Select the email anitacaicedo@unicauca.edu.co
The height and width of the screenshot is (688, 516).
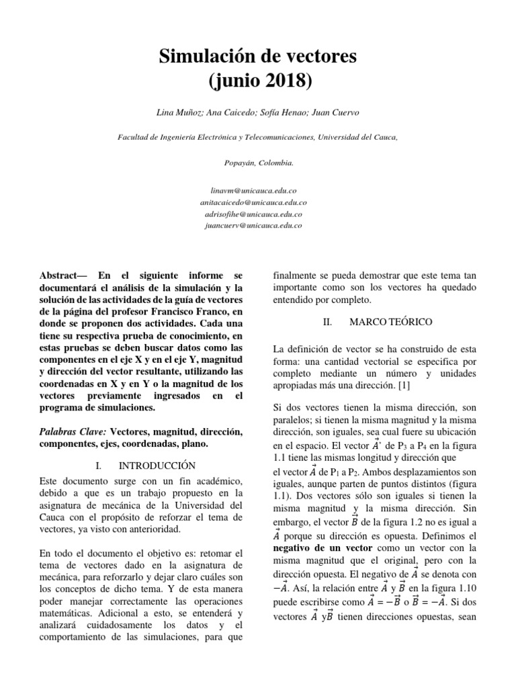258,202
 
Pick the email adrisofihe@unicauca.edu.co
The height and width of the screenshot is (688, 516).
258,214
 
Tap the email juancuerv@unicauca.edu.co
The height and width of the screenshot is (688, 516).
258,225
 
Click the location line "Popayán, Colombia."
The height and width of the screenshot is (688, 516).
258,163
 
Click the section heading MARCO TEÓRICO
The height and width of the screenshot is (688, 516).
392,322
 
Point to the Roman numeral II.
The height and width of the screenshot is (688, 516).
327,322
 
